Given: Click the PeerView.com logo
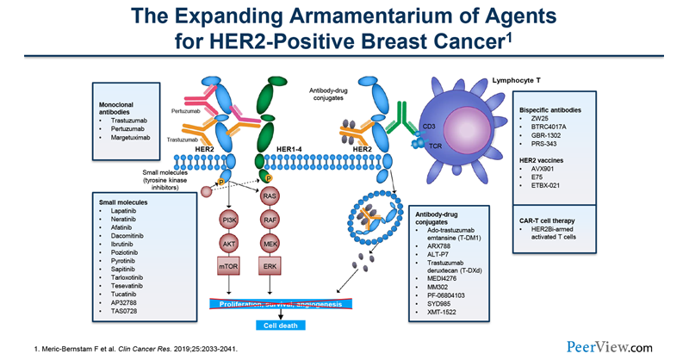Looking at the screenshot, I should [613, 345].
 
